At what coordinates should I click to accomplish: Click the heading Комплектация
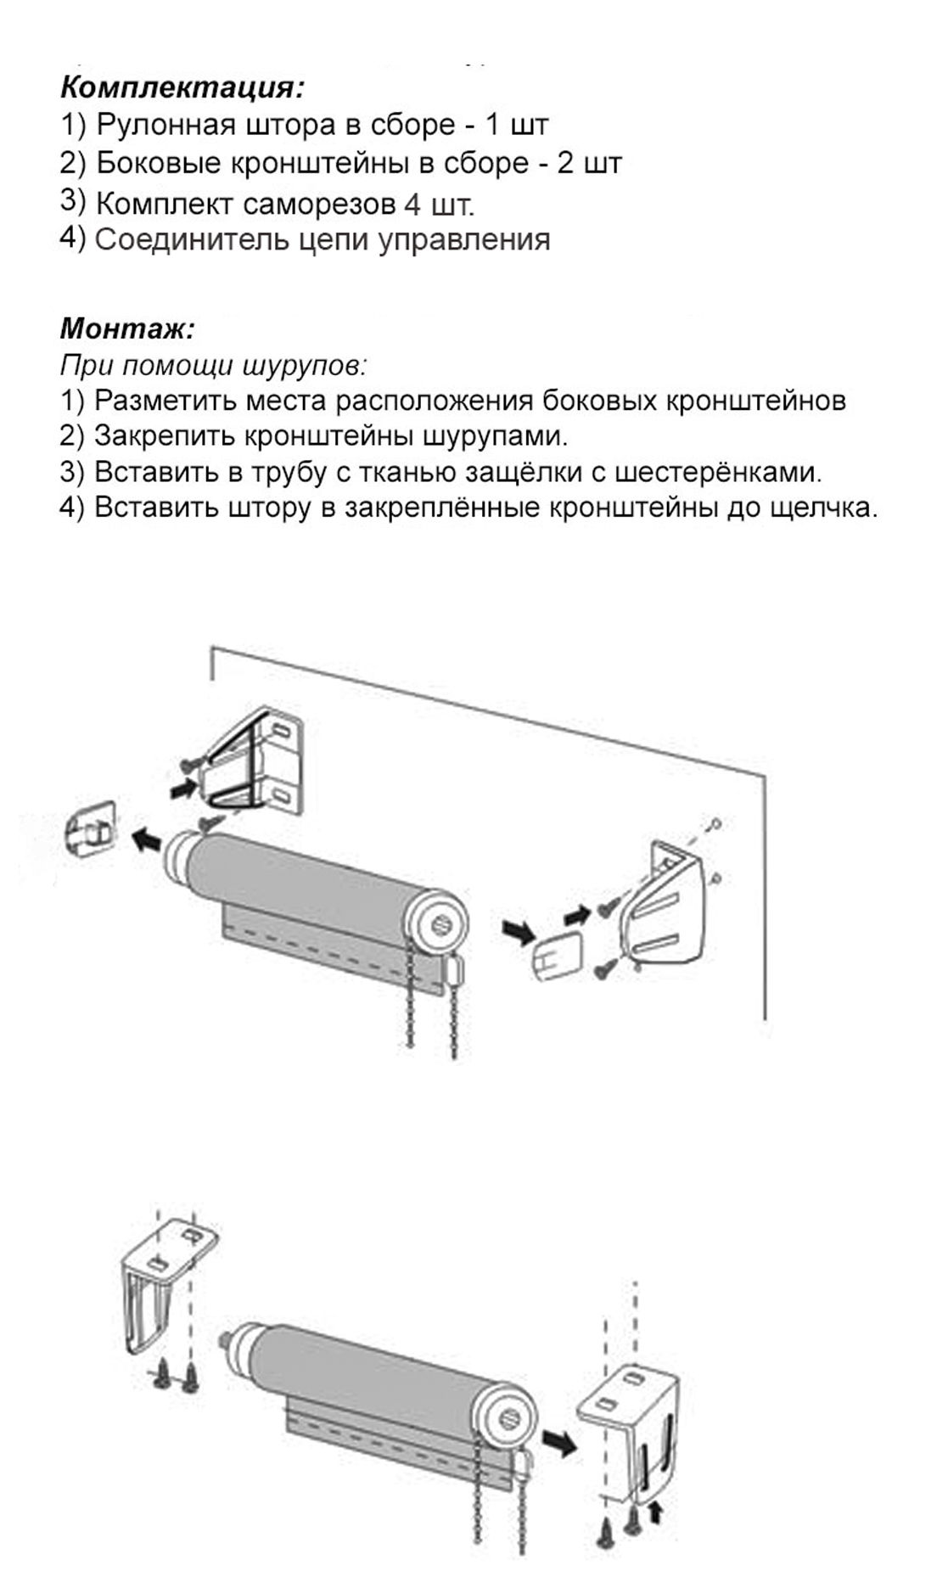tap(182, 87)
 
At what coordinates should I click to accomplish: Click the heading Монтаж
tap(127, 328)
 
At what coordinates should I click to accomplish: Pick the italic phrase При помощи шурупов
tap(213, 365)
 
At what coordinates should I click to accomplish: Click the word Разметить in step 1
tap(168, 400)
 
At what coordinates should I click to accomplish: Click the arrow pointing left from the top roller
tap(148, 840)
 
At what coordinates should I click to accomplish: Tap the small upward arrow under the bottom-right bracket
tap(653, 1510)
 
